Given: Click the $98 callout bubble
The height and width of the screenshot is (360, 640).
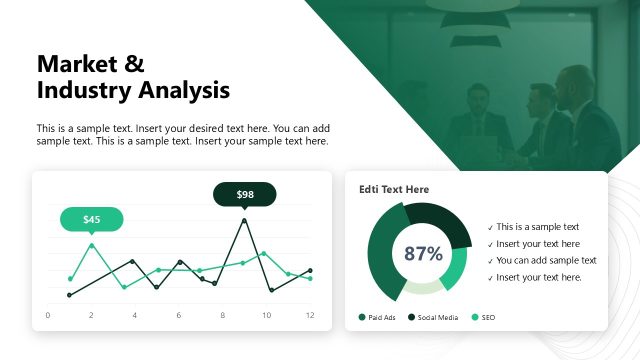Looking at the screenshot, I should click(x=245, y=194).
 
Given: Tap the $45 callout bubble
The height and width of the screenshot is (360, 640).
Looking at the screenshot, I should click(x=91, y=219).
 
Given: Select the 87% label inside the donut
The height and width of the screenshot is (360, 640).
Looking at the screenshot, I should click(x=423, y=254).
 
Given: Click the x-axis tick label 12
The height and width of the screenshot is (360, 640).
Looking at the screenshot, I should click(x=310, y=316).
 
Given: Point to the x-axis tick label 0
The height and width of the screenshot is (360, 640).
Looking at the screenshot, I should click(x=48, y=316).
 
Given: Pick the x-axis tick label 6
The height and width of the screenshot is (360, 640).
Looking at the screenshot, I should click(x=179, y=316).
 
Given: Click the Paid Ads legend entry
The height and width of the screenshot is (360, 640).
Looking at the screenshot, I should click(x=381, y=317).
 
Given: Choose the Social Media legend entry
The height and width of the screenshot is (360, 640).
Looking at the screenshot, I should click(x=437, y=317).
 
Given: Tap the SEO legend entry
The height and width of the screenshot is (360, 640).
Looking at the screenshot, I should click(x=487, y=317).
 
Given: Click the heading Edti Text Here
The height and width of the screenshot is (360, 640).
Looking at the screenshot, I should click(x=394, y=189).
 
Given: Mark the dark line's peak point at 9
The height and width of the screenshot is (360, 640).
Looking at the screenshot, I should click(x=244, y=220).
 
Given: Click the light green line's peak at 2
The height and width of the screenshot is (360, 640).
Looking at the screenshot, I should click(x=92, y=245).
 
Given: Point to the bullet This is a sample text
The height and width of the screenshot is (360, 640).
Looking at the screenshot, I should click(x=538, y=227).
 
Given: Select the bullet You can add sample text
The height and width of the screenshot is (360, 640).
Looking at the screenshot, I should click(x=546, y=260).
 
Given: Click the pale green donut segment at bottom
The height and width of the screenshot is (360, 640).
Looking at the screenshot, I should click(x=423, y=288).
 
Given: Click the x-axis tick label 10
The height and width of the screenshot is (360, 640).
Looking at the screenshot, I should click(x=266, y=316).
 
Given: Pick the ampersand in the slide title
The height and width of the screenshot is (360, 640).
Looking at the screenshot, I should click(x=134, y=64).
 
